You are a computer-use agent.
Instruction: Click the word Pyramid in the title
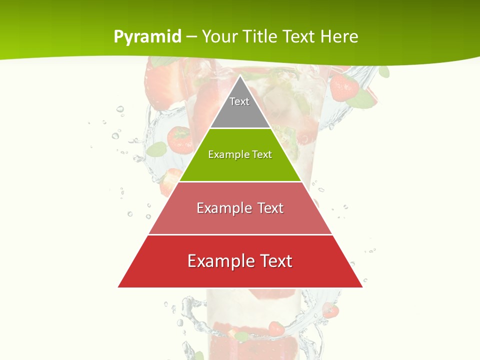click(x=147, y=36)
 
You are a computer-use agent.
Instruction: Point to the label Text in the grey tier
click(x=239, y=101)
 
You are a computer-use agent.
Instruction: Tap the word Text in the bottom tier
click(x=272, y=261)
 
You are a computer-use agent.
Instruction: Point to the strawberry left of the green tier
click(x=179, y=139)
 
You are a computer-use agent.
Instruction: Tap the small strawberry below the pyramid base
click(x=275, y=328)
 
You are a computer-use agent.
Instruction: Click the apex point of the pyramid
click(x=240, y=75)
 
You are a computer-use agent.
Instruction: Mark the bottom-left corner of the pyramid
click(x=118, y=287)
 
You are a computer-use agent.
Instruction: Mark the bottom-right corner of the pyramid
click(x=362, y=287)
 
